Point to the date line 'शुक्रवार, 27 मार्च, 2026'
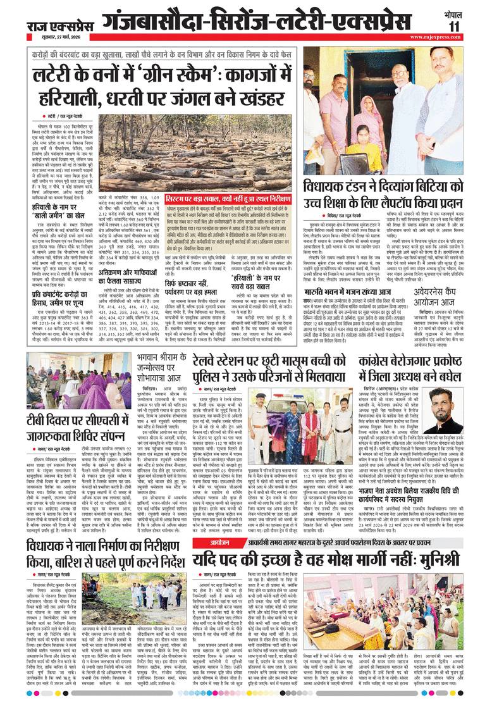click(54, 37)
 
